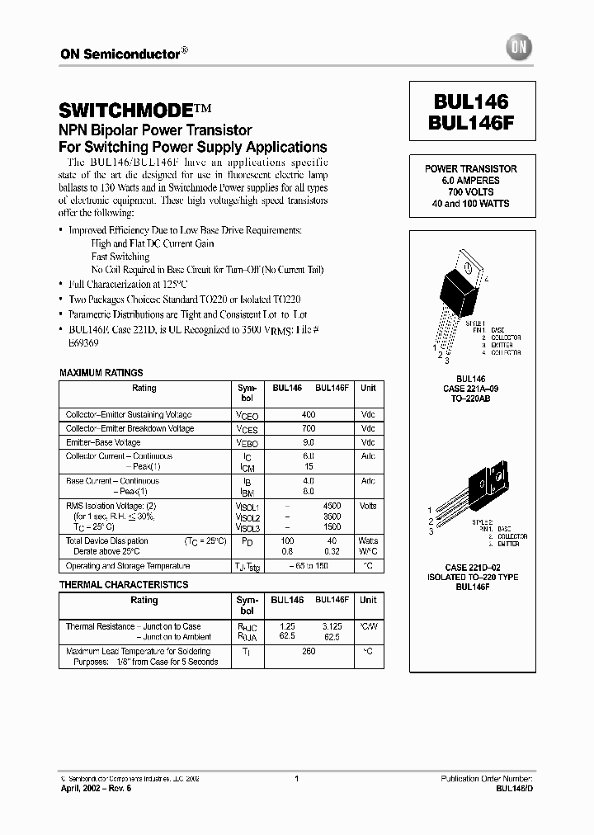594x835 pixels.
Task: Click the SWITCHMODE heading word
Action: point(126,110)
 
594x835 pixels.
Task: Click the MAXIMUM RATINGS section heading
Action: point(101,373)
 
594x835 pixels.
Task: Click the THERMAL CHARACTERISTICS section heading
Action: point(124,585)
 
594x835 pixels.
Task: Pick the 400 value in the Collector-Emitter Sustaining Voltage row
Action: point(308,414)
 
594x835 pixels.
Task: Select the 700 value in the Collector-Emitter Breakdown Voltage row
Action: point(308,429)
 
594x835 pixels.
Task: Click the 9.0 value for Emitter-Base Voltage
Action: point(308,443)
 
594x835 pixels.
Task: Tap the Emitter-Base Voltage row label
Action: point(103,443)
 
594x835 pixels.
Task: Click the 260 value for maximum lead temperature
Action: point(308,652)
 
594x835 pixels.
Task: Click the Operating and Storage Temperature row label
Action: point(128,566)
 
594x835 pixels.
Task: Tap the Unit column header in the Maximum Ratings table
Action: point(368,388)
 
